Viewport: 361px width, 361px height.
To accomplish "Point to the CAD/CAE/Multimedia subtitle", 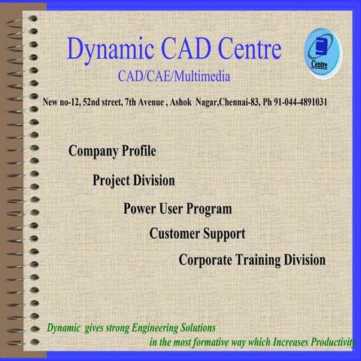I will coord(174,76).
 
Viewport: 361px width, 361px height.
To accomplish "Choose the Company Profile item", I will coord(112,151).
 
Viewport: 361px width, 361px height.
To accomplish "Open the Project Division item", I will coord(134,180).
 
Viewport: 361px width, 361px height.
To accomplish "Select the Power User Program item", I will coord(177,208).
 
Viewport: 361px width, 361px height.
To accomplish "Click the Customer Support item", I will coord(197,234).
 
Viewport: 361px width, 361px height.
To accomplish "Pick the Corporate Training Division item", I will coord(252,260).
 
